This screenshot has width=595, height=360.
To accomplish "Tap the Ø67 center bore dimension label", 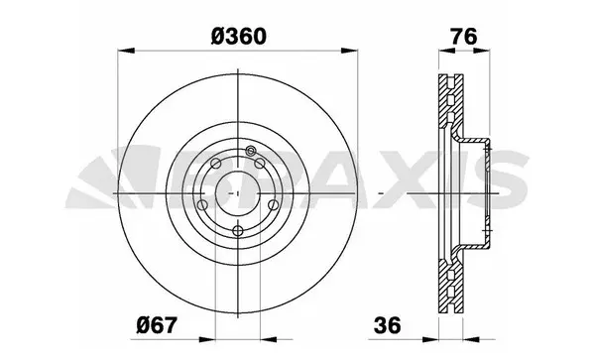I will coord(157,324).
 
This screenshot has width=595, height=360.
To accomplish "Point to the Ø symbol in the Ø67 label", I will coord(142,324).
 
